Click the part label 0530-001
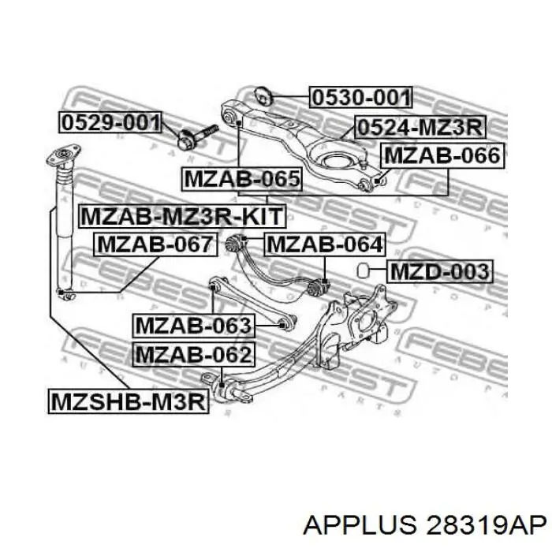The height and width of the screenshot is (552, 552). pos(361,97)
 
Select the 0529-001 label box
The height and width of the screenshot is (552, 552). pos(110,122)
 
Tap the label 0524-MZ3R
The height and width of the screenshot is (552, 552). pos(420,127)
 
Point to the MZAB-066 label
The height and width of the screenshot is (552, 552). pos(442,155)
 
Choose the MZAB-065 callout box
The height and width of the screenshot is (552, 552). pos(242,179)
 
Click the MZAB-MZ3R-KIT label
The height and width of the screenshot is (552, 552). pos(182,216)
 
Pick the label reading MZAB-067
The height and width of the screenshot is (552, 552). pos(155,244)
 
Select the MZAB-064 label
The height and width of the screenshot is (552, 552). pos(325,244)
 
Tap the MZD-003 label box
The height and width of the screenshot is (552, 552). pos(440,271)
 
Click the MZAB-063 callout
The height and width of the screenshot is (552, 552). pos(194,326)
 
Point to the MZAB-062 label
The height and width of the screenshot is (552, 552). pos(194,355)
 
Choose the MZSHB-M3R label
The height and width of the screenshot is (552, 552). pos(129,401)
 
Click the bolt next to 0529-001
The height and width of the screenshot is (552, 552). pos(197,136)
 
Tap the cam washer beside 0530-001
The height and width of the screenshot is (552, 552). pos(263,95)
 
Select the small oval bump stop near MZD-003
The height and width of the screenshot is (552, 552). pos(363,270)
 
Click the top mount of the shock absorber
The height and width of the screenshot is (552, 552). pos(64,156)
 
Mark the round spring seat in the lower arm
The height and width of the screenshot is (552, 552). pos(338,162)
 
